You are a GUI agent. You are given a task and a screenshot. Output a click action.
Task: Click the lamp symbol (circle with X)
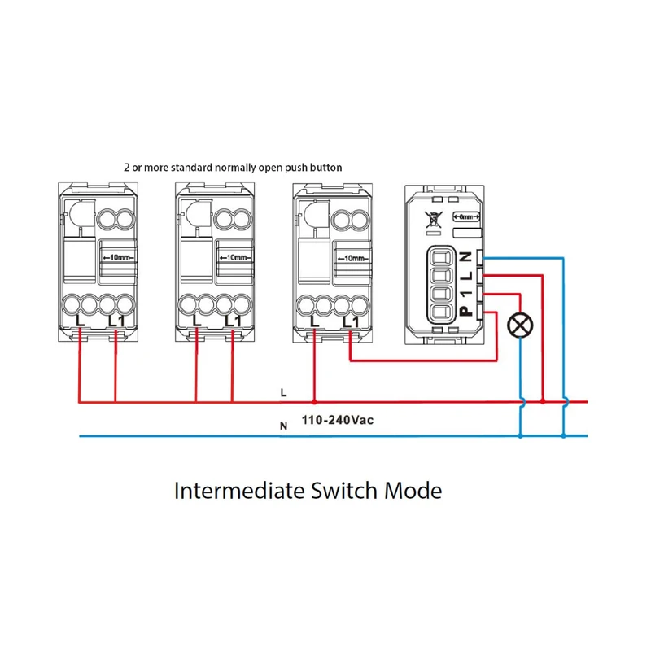(x=519, y=325)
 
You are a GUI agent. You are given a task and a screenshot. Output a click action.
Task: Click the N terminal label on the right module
(x=465, y=257)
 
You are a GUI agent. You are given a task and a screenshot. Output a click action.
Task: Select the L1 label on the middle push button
(x=233, y=321)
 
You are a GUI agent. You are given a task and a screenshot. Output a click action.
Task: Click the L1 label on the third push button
(x=351, y=321)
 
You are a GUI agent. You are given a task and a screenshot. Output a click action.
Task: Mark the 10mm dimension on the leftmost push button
(x=117, y=257)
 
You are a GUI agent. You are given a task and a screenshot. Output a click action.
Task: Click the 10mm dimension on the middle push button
(x=234, y=257)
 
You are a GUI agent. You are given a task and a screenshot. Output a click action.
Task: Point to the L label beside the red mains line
(x=283, y=392)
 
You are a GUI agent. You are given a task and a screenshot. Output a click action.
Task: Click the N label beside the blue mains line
(x=283, y=426)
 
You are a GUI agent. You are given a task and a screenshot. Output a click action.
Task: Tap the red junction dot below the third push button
(x=314, y=401)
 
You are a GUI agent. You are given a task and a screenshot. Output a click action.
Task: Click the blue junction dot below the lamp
(x=521, y=436)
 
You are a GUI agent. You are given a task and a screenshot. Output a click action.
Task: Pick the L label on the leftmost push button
(x=79, y=321)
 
